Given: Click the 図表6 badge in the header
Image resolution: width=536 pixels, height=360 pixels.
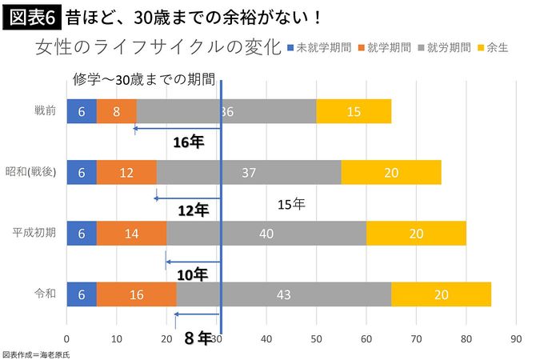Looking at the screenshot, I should [x=29, y=16].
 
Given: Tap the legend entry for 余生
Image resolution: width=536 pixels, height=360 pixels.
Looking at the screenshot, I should [x=495, y=47].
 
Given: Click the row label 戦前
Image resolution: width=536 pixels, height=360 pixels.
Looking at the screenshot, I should [x=44, y=111].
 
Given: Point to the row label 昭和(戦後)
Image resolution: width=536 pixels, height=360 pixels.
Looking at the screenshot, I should [x=31, y=172].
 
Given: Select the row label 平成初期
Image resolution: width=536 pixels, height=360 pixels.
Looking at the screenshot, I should [x=34, y=234].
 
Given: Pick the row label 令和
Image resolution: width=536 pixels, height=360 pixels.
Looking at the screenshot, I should [x=44, y=294].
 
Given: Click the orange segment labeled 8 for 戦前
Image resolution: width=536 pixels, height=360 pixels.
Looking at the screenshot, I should [x=117, y=111].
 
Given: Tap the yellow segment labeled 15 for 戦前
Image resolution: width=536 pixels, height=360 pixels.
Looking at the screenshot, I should [x=354, y=111].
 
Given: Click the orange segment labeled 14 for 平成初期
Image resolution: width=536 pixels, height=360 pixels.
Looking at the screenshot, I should [x=131, y=234].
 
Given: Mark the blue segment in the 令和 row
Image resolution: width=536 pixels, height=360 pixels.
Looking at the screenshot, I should [x=82, y=294].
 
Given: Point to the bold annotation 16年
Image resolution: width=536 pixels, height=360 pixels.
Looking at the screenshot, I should [x=190, y=142].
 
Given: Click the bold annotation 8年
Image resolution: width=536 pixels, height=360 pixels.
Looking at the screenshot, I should [x=197, y=338].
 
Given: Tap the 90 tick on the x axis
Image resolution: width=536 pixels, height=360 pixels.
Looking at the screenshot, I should [x=516, y=339].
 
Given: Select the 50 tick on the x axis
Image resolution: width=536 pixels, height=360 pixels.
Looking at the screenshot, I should [x=316, y=339].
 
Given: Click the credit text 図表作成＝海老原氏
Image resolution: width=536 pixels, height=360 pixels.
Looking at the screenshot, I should [x=35, y=353].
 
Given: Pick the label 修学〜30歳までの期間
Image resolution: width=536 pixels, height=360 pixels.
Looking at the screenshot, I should [x=143, y=80].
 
